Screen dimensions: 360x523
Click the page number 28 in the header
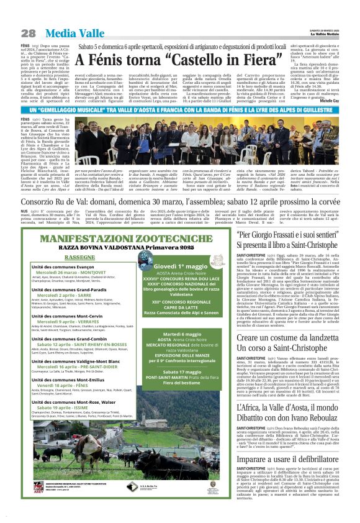coord(28,32)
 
